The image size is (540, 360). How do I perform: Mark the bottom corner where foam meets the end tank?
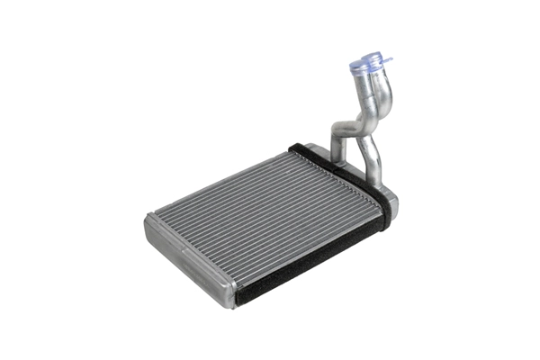click(x=238, y=297)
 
